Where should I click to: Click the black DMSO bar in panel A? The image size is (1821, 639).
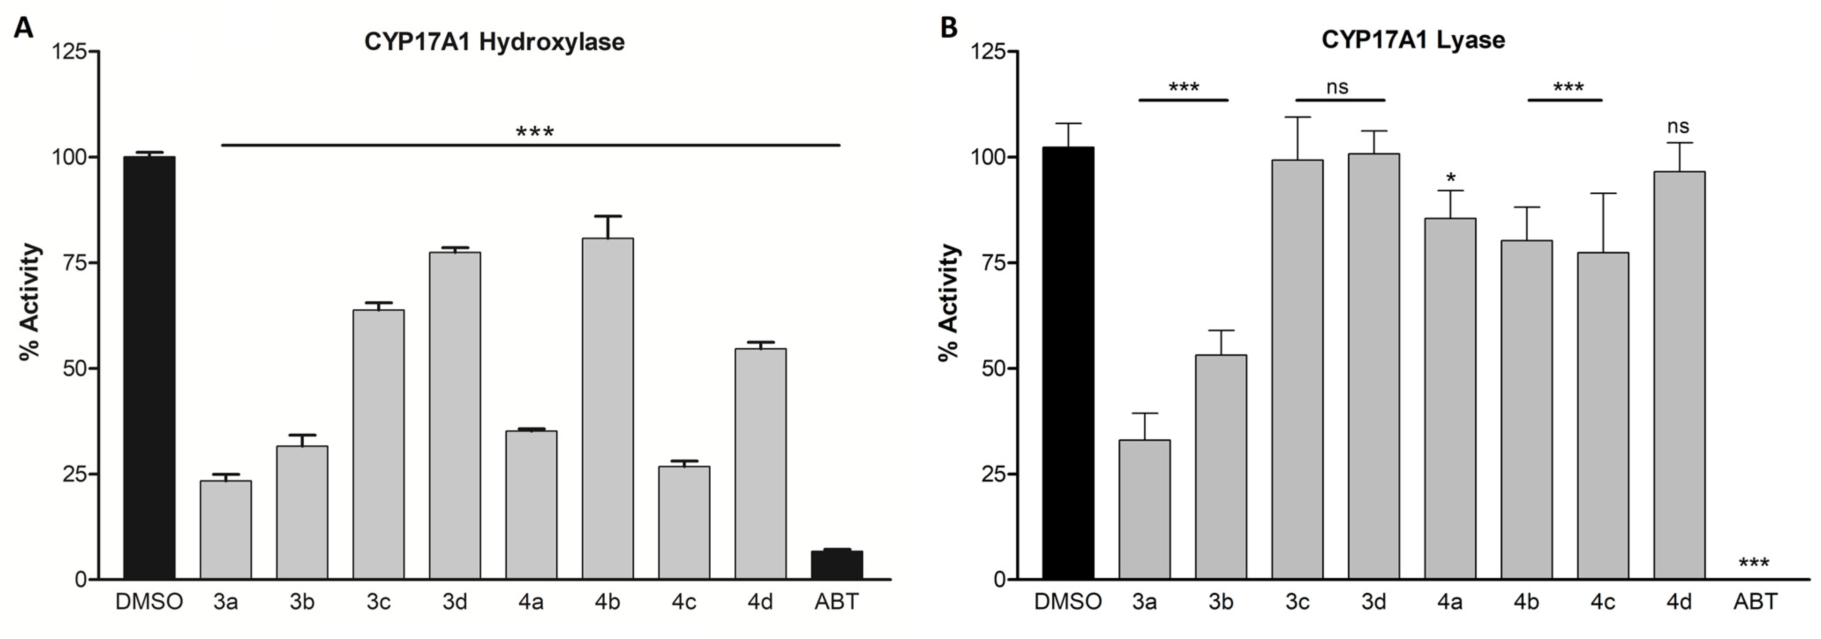click(149, 368)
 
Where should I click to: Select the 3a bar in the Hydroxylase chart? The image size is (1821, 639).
click(225, 530)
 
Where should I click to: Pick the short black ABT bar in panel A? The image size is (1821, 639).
click(836, 565)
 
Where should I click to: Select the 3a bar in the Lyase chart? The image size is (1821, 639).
click(1144, 509)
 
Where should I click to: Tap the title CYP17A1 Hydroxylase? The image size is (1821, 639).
click(494, 42)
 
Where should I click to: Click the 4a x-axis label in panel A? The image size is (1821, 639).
click(531, 601)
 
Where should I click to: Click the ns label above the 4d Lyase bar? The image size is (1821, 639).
click(1678, 127)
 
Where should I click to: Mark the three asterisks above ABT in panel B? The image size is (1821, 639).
click(1754, 564)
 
